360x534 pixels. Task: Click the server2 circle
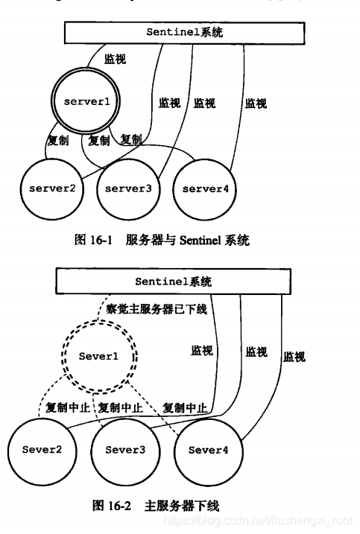click(52, 188)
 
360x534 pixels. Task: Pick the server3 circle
click(128, 188)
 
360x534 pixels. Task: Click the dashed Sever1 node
click(98, 357)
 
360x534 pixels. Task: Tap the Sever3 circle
click(123, 450)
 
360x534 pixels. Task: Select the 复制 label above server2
click(58, 140)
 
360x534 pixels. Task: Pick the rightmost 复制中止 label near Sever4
click(184, 408)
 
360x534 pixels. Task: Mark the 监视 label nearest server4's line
click(256, 104)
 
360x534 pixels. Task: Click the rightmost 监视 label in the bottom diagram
click(294, 357)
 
